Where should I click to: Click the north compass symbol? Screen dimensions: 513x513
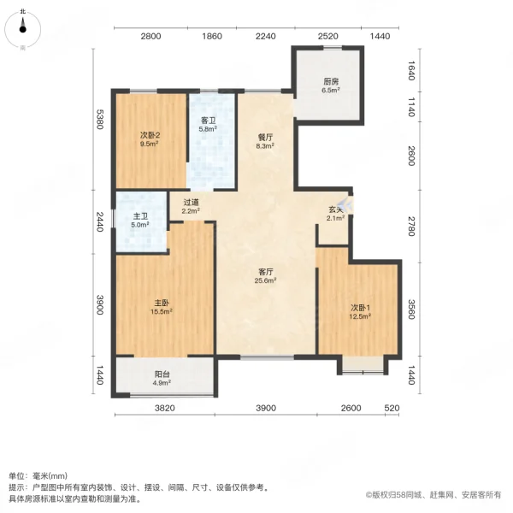tap(22, 27)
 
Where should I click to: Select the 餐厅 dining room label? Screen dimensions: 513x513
tap(265, 136)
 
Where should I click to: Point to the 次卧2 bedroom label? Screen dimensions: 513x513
tap(150, 135)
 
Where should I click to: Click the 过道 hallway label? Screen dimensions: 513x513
tap(190, 202)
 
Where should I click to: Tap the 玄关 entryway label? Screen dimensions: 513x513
tap(336, 209)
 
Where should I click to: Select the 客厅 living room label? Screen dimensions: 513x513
tap(266, 272)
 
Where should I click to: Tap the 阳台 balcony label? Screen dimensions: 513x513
tap(162, 374)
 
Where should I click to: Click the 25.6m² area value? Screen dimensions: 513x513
tap(266, 281)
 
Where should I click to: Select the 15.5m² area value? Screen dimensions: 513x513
tap(162, 312)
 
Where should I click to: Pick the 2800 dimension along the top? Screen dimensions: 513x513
tap(150, 36)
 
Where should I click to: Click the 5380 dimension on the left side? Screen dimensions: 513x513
tap(100, 122)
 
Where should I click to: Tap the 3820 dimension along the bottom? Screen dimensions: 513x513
tap(164, 409)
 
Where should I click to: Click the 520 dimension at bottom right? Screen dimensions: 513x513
tap(392, 409)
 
